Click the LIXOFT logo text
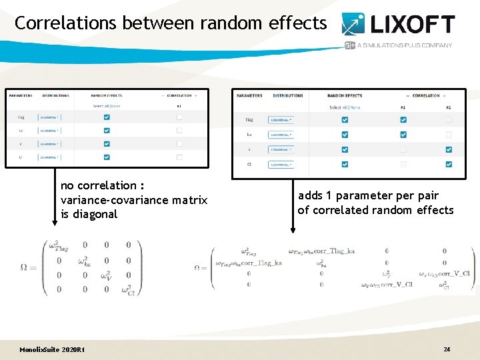click(412, 25)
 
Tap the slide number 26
click(447, 349)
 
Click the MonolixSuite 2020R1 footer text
click(51, 350)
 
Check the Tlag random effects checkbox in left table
click(107, 117)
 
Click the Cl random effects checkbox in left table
click(107, 157)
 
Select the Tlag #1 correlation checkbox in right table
click(403, 120)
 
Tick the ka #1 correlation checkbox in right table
click(403, 135)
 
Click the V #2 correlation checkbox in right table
click(448, 149)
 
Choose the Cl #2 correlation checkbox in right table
click(448, 164)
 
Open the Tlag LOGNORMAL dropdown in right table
click(281, 120)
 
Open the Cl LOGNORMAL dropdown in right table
click(281, 164)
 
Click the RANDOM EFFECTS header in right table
click(345, 95)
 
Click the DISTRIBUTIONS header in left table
click(55, 95)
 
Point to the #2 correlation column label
click(448, 107)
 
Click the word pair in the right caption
click(426, 195)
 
